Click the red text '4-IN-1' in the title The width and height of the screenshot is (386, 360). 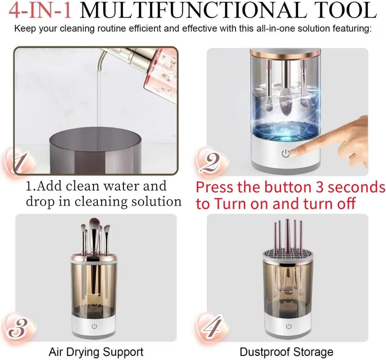coord(40,10)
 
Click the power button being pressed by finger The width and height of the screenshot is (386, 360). coord(285,154)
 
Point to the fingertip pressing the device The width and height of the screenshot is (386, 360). coord(295,152)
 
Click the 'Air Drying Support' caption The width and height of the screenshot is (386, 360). coord(96,352)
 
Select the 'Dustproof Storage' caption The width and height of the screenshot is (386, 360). coord(286,352)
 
